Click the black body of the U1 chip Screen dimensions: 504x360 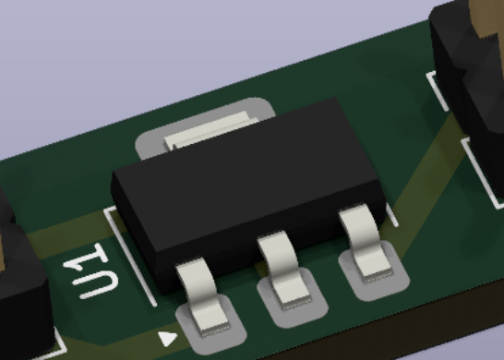[x=247, y=189]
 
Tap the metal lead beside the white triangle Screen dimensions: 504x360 [x=203, y=295]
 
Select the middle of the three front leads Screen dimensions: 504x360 [x=282, y=269]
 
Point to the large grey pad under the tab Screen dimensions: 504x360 [x=206, y=127]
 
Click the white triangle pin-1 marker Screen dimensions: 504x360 [x=167, y=338]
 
